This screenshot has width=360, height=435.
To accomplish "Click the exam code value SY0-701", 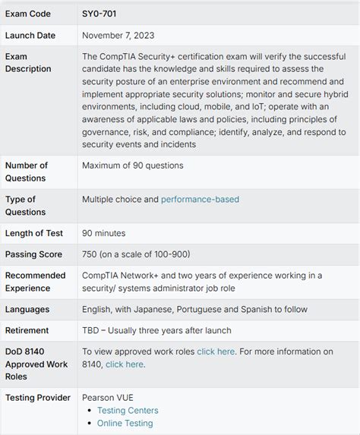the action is (99, 14).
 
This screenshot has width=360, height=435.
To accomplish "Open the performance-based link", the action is (200, 199).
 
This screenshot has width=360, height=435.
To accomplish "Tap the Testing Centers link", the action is (129, 411).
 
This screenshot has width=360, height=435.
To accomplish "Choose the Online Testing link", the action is (125, 423).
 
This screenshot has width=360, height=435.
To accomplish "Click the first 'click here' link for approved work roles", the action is (216, 351).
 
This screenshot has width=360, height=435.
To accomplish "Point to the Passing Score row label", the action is (33, 254).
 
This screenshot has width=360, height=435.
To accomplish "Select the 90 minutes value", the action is (104, 233).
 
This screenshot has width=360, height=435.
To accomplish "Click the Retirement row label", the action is (27, 330).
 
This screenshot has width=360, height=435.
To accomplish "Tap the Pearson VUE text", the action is (109, 397).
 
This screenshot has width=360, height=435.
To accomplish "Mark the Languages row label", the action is (27, 309).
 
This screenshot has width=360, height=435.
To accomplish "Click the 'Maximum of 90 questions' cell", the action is (132, 165).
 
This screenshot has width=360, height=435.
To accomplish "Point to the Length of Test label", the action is (34, 233).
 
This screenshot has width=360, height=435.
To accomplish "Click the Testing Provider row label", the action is (37, 397).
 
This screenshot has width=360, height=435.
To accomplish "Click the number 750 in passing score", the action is (92, 254).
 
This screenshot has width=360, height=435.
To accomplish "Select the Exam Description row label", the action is (28, 62).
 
